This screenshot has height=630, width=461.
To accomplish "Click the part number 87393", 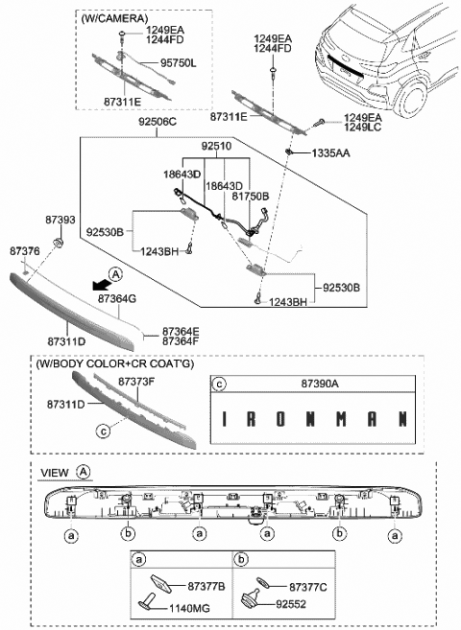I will [61, 219].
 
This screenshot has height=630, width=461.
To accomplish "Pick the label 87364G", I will [117, 298].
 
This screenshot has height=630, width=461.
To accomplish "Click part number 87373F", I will [137, 381].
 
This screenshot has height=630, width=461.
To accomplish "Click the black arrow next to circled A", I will [96, 283].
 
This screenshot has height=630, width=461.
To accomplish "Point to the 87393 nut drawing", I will [57, 245].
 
